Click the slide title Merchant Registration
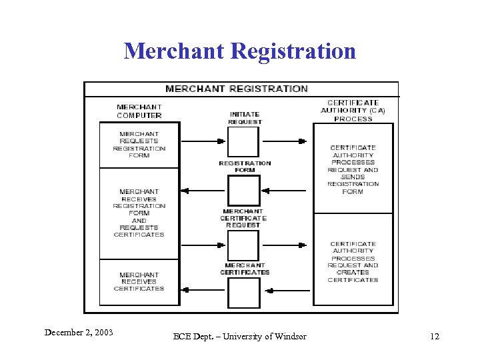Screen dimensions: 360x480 tap(240, 51)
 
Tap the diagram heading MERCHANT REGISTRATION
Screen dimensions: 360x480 tap(237, 89)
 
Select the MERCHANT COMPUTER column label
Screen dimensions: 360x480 tap(139, 111)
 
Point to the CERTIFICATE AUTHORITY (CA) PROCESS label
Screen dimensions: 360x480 tap(353, 111)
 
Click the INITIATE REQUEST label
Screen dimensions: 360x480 tap(245, 118)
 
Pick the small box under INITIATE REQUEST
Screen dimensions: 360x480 tap(243, 141)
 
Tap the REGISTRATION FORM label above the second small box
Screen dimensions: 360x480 tap(245, 166)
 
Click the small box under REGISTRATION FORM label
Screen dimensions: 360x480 tap(243, 190)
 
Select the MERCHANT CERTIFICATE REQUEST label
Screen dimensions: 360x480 tap(243, 218)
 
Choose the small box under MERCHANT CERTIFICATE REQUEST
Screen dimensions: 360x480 tap(243, 245)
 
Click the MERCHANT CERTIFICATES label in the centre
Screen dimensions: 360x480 tap(245, 269)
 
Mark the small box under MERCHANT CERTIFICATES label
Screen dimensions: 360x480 tap(243, 292)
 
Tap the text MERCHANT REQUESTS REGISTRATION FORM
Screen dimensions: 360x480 tap(139, 145)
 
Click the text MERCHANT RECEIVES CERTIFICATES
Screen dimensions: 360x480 tap(139, 281)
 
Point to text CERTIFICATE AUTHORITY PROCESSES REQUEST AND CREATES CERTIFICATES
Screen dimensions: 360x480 tap(353, 262)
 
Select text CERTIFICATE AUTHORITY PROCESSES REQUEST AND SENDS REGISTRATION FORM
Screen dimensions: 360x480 tap(353, 169)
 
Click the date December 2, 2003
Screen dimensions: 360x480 tap(79, 332)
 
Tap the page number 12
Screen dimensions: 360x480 tap(435, 336)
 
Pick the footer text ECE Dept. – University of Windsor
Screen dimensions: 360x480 tap(240, 336)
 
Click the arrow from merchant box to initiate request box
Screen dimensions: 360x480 tap(203, 141)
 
